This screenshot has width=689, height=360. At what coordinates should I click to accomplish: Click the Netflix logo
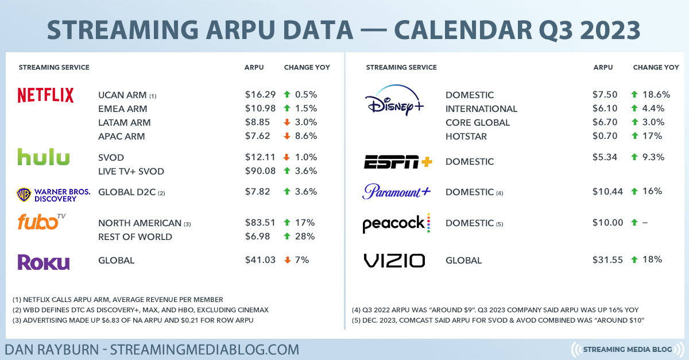tap(45, 95)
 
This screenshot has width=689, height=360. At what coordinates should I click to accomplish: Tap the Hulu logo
tap(44, 157)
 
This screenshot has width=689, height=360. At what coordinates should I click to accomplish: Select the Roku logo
tap(44, 262)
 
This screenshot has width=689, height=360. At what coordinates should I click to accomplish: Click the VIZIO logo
tap(394, 260)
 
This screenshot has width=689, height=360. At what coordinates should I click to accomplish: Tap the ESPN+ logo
tap(398, 162)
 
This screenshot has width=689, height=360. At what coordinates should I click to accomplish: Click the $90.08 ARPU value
tap(260, 171)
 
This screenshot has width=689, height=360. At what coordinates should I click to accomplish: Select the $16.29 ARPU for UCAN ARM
tap(260, 95)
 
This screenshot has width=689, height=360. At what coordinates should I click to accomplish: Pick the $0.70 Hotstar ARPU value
tap(605, 136)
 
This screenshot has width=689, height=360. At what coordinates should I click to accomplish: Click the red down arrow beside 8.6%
tap(287, 136)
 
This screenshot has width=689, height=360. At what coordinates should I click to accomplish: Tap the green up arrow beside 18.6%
tap(634, 94)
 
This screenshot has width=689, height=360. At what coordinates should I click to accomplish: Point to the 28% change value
tap(305, 237)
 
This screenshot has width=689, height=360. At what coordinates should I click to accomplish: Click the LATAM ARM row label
tap(124, 122)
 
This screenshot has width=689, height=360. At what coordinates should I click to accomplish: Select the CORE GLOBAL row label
tap(478, 122)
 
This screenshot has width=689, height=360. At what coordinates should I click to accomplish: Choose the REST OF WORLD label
tap(135, 237)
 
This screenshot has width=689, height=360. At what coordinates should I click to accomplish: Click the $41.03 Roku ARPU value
tap(260, 260)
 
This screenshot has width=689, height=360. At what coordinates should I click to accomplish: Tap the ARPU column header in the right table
tap(603, 67)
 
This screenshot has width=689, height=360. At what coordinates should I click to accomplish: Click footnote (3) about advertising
tap(133, 320)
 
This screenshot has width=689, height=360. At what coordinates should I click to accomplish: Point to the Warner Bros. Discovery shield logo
tap(24, 195)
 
